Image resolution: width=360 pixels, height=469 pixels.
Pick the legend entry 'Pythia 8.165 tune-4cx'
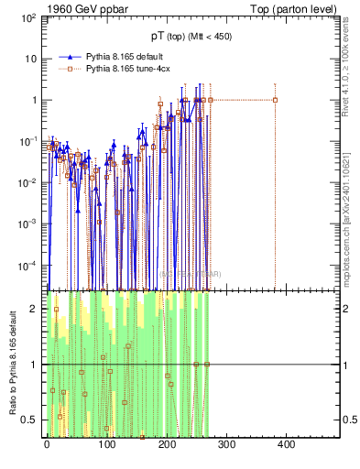click(127, 68)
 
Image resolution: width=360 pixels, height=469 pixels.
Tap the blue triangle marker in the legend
click(65, 57)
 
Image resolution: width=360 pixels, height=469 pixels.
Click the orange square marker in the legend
click(65, 68)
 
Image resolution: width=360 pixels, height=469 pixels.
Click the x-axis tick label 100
click(106, 444)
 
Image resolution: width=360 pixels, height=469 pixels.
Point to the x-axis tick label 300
click(226, 444)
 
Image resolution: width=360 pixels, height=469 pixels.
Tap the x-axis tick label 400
click(286, 444)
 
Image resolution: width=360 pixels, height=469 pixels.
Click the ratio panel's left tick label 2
click(34, 309)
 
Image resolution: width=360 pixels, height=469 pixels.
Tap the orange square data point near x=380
click(275, 100)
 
